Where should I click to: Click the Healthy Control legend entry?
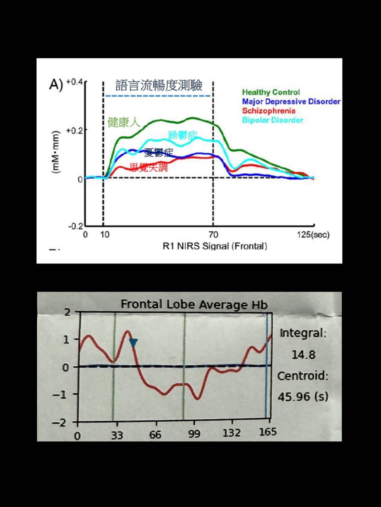click(x=271, y=92)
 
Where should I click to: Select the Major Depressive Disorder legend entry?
click(x=291, y=101)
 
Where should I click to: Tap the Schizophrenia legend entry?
click(x=268, y=111)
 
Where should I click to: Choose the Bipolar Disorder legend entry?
click(x=272, y=120)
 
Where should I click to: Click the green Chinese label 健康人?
click(x=124, y=122)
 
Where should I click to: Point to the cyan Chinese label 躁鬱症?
click(x=182, y=135)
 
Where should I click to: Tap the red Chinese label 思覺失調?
click(x=149, y=167)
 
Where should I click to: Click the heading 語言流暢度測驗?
click(x=159, y=85)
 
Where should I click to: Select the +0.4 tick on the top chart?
click(x=74, y=82)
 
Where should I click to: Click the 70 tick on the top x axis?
click(x=213, y=235)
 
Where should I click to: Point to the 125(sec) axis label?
click(x=313, y=235)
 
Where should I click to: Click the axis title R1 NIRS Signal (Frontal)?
click(x=214, y=246)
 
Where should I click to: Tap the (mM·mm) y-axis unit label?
click(x=55, y=152)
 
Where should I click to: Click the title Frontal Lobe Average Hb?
click(x=194, y=304)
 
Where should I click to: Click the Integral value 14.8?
click(x=303, y=354)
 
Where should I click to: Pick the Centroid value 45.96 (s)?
click(x=303, y=397)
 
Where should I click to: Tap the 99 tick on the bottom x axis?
click(x=194, y=434)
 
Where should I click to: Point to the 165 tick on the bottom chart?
click(x=268, y=432)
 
